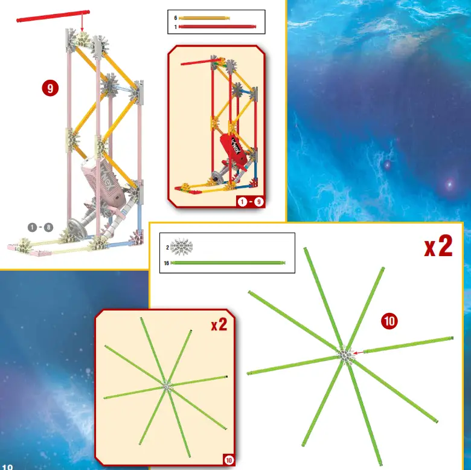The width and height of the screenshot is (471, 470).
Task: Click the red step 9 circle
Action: point(50,89)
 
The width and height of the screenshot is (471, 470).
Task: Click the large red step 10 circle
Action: point(389,321)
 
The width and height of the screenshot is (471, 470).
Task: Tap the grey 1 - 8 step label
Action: point(40,227)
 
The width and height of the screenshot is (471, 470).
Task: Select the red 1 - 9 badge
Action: point(250,202)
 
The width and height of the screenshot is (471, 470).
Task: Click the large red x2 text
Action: point(438,246)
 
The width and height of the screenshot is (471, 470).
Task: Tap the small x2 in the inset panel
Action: point(219,325)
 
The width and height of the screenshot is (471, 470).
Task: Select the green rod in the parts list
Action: point(228,263)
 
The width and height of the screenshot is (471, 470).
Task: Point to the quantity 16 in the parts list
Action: point(165,263)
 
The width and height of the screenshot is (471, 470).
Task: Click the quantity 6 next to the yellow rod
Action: point(175,18)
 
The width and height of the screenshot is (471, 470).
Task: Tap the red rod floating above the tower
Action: point(53,16)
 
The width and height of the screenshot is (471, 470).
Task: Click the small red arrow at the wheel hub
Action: point(359,352)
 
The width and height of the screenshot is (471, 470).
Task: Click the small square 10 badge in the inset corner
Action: point(228,460)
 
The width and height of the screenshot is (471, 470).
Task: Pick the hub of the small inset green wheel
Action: point(167,385)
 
